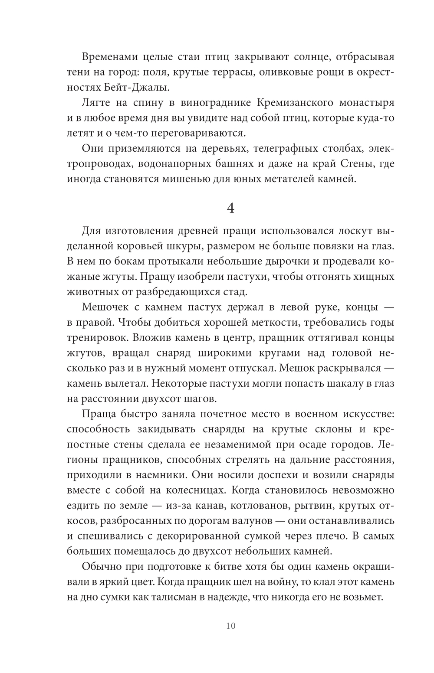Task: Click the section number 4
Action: tap(230, 209)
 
